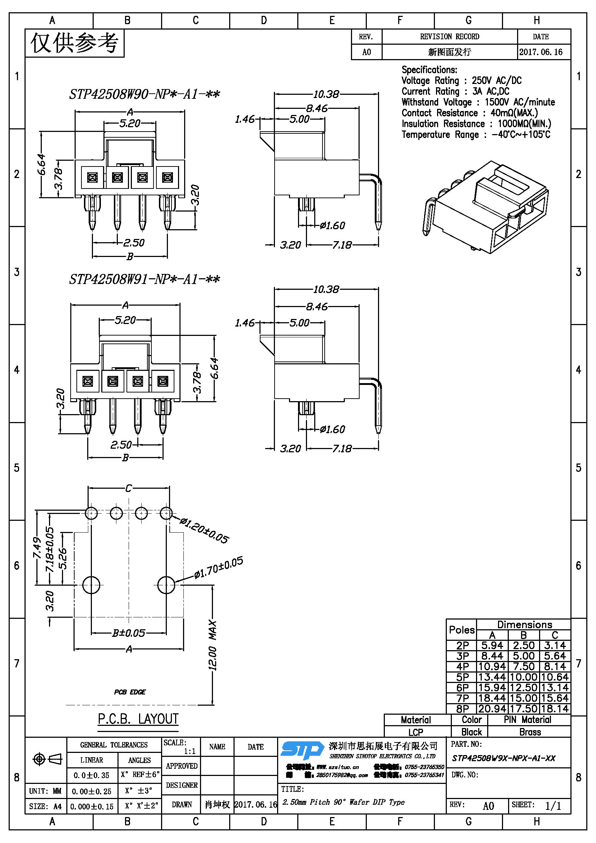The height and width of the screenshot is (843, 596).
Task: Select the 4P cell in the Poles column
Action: point(462,666)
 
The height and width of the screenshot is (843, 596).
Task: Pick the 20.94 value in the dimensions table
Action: point(492,709)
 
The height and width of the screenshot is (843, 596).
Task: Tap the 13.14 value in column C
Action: point(555,688)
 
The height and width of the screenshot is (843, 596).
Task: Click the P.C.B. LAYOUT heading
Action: point(138,719)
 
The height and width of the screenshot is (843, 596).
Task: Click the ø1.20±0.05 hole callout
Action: point(204,531)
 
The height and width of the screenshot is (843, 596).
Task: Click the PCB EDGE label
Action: point(130,692)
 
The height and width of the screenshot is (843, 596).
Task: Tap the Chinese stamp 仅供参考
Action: point(75,43)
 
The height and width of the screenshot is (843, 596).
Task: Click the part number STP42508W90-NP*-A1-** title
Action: point(144,94)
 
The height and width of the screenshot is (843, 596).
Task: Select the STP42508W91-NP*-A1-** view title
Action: point(144,279)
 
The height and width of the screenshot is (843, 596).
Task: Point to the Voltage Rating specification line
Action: point(461,80)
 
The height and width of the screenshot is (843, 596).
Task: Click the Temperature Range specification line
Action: point(476,134)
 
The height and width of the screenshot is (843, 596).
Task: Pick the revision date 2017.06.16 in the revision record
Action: point(541,52)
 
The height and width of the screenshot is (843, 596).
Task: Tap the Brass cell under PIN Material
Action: point(530,732)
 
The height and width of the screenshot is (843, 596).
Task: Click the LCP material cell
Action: point(415,732)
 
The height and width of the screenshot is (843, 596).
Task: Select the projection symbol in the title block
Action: point(47,759)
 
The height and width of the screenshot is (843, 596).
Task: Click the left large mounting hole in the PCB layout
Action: point(91,585)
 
